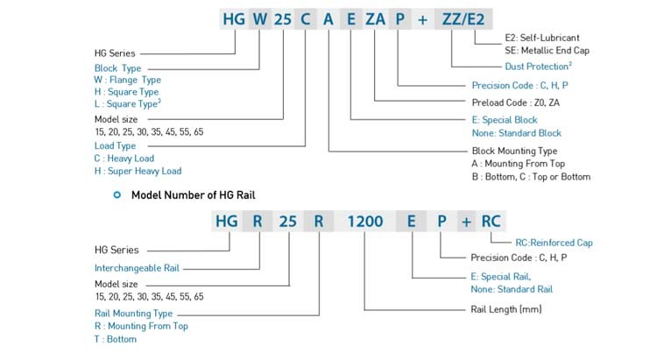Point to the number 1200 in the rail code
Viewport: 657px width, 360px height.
click(364, 222)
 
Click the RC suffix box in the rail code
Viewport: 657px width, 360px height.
click(490, 222)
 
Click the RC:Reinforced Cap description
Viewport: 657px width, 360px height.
click(555, 241)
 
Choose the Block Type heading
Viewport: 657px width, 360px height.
click(117, 67)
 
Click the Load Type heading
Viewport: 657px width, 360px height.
click(115, 145)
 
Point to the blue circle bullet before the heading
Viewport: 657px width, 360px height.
click(117, 194)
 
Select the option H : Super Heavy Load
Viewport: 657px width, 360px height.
click(138, 171)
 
